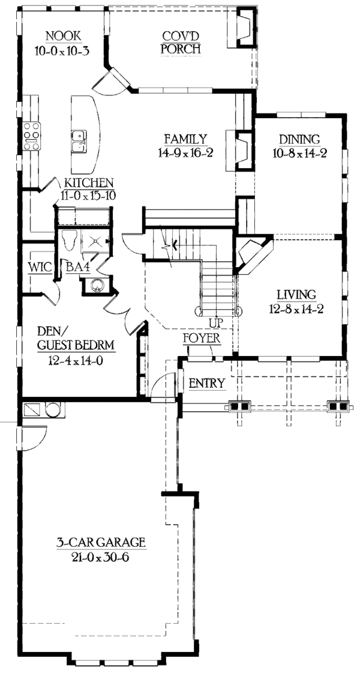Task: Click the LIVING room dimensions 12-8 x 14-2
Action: click(x=296, y=310)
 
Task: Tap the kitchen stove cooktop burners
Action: click(x=31, y=136)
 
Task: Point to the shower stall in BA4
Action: click(x=95, y=241)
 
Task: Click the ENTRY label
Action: click(x=207, y=384)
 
